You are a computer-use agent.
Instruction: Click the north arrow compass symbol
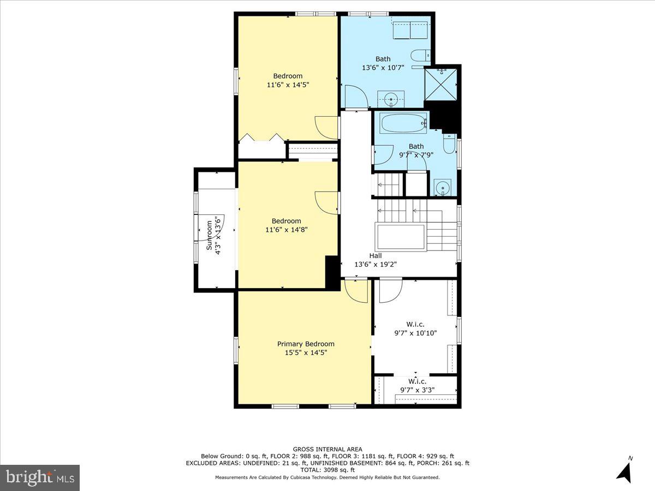pos(625,470)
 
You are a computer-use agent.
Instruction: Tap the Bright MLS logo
pos(40,477)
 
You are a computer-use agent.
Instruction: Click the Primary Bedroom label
pos(306,344)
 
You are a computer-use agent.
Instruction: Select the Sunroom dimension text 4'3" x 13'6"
pos(218,233)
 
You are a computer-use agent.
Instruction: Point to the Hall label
pos(375,255)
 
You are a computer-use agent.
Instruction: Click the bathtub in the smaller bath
pos(403,123)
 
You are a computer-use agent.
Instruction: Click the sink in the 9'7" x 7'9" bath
pos(443,188)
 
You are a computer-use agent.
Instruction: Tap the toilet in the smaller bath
pos(449,144)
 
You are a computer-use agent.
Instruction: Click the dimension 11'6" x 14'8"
pos(287,230)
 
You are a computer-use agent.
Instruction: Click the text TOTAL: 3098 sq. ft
pos(327,470)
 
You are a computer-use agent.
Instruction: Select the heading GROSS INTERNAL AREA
pos(327,449)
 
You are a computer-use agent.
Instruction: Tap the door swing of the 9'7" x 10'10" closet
pos(390,290)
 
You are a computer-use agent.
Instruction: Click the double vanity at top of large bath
pos(410,31)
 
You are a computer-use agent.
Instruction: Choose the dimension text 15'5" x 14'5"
pos(306,352)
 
